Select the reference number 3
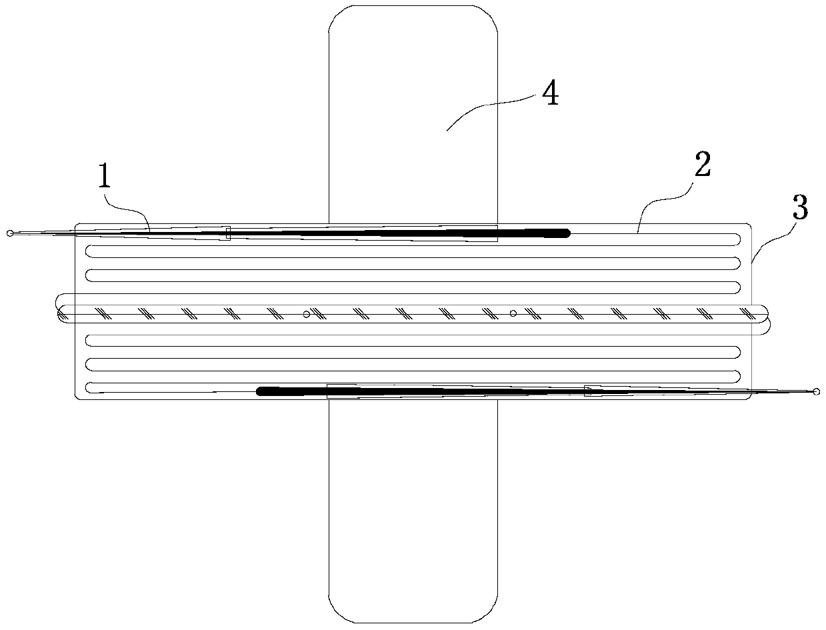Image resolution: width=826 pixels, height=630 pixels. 799,209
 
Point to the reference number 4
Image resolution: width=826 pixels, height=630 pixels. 549,96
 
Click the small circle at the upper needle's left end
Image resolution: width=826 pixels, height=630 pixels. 9,233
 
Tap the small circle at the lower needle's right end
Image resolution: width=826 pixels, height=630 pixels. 815,392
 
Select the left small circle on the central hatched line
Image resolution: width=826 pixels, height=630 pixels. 306,314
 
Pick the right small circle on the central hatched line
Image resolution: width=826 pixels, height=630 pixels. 513,313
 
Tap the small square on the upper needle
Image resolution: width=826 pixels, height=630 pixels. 228,233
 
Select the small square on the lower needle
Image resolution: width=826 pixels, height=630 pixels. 587,391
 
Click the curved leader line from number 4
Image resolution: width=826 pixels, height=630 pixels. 490,110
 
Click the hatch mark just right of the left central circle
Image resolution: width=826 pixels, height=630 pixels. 318,313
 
